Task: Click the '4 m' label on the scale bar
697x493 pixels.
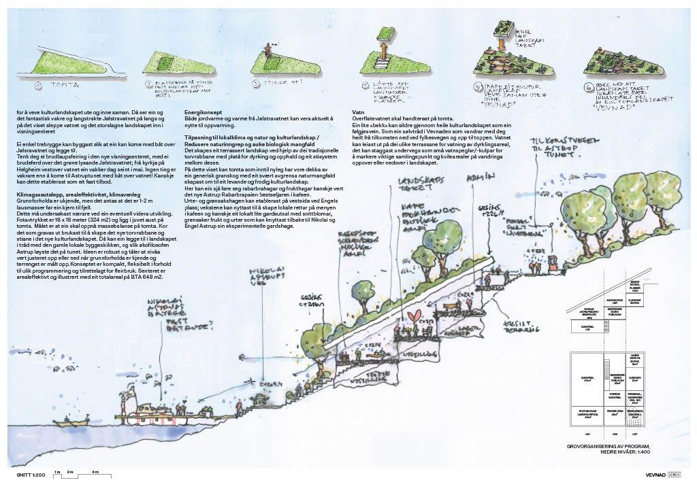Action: (96, 471)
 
